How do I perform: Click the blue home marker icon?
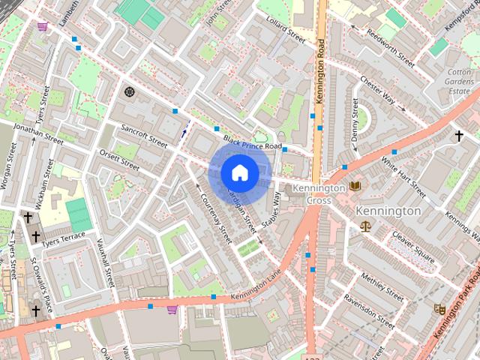(239, 172)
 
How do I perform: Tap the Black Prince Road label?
(252, 145)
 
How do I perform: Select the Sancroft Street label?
(143, 139)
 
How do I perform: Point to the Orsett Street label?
(119, 160)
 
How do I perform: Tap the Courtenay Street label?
(217, 218)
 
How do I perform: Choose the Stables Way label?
(271, 210)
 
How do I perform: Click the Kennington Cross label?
(319, 193)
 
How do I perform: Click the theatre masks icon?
(439, 308)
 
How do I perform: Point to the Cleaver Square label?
(409, 248)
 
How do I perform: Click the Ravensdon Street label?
(368, 311)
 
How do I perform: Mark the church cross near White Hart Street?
(459, 136)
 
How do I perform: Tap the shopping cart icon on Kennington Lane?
(172, 309)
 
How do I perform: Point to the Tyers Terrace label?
(63, 240)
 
